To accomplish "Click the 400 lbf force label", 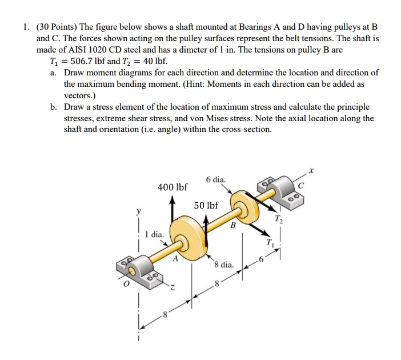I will click(x=172, y=187).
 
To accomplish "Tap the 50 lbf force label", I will click(x=206, y=205).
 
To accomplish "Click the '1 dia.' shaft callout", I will click(x=154, y=234).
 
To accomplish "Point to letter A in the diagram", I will click(x=176, y=259).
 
